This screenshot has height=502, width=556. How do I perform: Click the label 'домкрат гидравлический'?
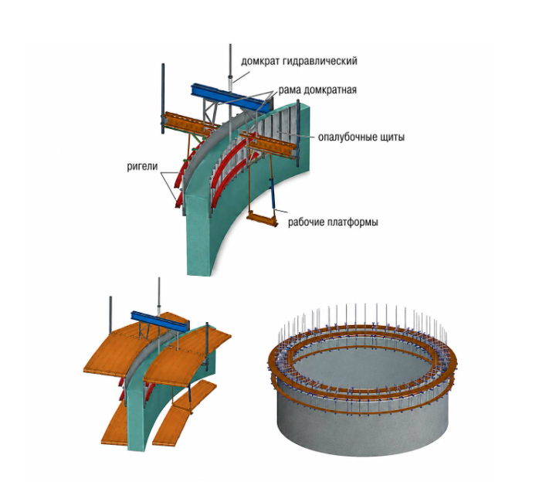(x=299, y=61)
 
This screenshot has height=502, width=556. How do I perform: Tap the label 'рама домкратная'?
(x=317, y=90)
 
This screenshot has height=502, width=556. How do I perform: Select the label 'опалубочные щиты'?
(x=361, y=137)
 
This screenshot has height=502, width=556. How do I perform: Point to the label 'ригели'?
(x=142, y=166)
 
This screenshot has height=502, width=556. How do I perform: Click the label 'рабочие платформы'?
(x=333, y=222)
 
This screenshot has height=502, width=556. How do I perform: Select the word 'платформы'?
(x=352, y=222)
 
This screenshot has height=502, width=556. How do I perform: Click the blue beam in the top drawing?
(x=230, y=98)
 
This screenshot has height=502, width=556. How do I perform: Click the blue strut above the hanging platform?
(x=273, y=194)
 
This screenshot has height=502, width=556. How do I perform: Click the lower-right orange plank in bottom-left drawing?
(x=185, y=411)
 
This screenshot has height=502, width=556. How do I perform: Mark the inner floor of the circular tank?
(x=361, y=366)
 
